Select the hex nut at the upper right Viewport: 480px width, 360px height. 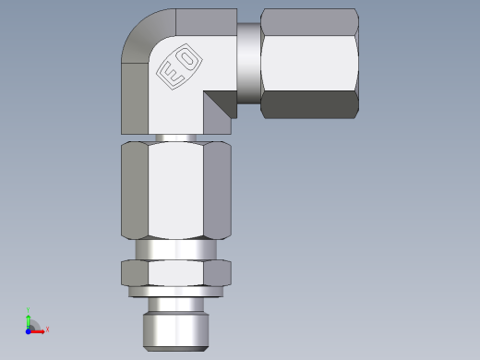(x=309, y=63)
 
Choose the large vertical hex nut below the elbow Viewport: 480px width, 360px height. (x=175, y=189)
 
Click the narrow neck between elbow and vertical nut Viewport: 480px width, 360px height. (x=175, y=138)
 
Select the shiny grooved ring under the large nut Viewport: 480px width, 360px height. (x=175, y=249)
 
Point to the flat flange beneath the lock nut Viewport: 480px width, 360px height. (x=175, y=291)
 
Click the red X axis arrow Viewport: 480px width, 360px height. (x=39, y=330)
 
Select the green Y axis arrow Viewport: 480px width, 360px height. (x=29, y=318)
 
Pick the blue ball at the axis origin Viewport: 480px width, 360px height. (x=29, y=330)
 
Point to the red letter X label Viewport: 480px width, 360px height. (x=47, y=329)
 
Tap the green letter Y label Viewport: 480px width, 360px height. (x=29, y=310)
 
